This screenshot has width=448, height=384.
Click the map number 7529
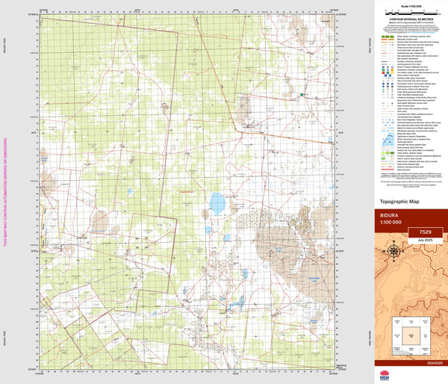[426, 232]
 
